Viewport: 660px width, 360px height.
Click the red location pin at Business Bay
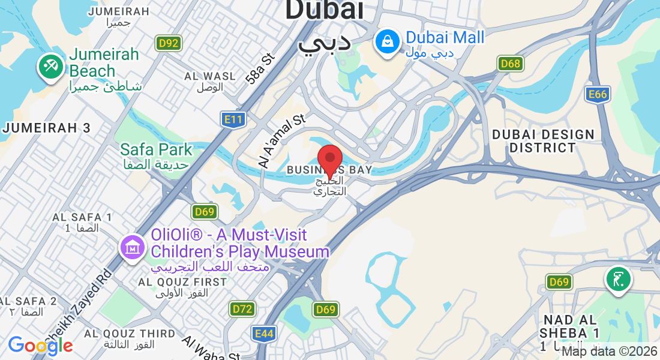tap(329, 160)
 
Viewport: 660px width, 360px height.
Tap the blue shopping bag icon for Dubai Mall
tap(388, 42)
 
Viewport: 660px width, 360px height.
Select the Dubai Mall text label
tap(445, 38)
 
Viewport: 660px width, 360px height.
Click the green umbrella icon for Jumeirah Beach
tap(51, 65)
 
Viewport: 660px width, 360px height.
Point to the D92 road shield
tap(169, 43)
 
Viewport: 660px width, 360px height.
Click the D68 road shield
tap(511, 64)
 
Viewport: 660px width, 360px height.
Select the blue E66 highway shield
tap(598, 94)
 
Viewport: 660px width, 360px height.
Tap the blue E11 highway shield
tap(232, 120)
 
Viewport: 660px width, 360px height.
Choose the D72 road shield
tap(242, 309)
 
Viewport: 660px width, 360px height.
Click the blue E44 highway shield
tap(264, 334)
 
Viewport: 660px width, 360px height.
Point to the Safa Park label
tap(156, 149)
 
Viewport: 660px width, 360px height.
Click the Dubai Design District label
tap(543, 141)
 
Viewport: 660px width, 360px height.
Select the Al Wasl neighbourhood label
tap(210, 77)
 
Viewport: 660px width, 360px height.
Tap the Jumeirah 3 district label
tap(47, 128)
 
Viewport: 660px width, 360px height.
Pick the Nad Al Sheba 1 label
tap(569, 326)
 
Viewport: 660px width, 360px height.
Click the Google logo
tap(40, 346)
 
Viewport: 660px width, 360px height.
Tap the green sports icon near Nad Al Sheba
tap(618, 279)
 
